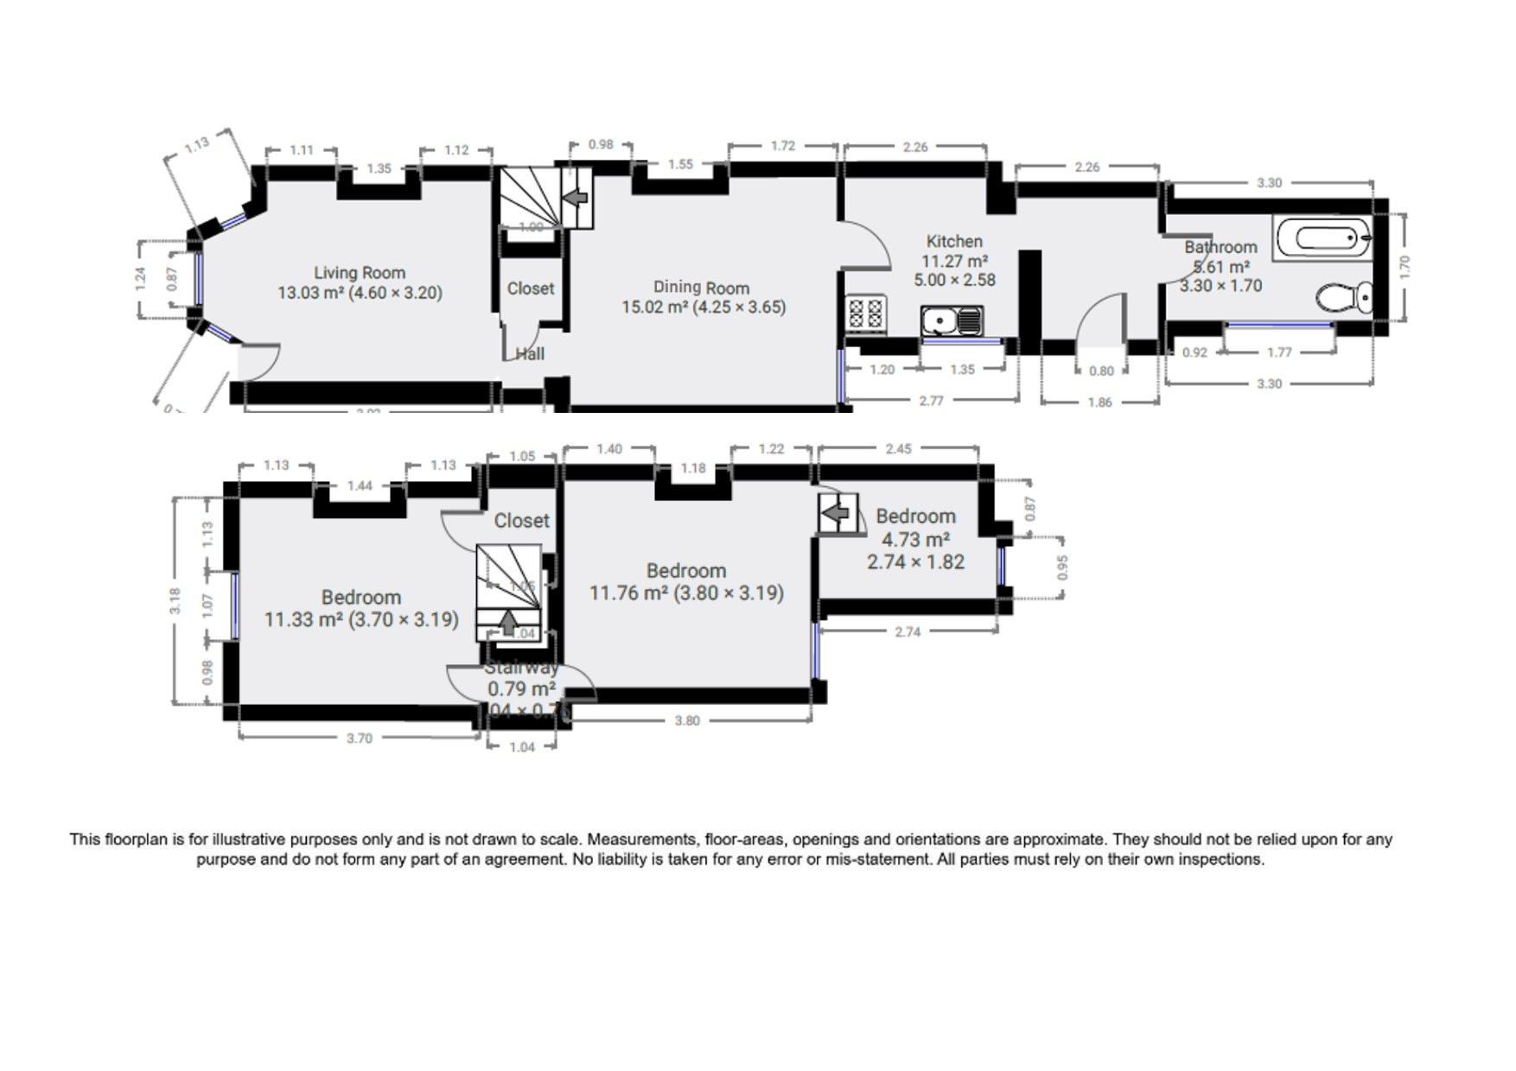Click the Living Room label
click(359, 273)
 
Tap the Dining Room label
click(701, 288)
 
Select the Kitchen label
click(954, 242)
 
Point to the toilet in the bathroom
click(1344, 298)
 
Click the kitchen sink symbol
click(952, 321)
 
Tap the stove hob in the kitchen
click(867, 314)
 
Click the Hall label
click(530, 354)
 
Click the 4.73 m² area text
click(915, 540)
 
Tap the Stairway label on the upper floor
click(521, 668)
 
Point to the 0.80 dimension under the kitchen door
click(1101, 371)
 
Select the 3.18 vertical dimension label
click(175, 600)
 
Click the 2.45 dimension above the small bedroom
click(898, 449)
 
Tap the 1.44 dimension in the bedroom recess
click(360, 486)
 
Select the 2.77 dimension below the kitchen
click(931, 402)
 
